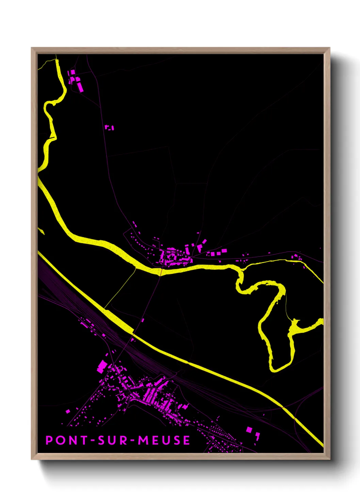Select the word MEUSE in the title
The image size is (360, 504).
point(164,440)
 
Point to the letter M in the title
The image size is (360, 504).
point(143,440)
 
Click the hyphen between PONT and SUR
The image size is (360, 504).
point(92,441)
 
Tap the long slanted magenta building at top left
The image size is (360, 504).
point(80,86)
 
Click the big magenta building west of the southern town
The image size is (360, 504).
point(102,366)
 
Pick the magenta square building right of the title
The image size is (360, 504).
point(249,430)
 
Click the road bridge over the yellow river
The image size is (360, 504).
point(160,271)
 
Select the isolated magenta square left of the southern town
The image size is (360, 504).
point(68,411)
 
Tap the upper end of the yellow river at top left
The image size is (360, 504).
point(57,61)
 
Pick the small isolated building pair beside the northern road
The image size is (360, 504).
point(109,127)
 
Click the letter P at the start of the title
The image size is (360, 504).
point(49,440)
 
